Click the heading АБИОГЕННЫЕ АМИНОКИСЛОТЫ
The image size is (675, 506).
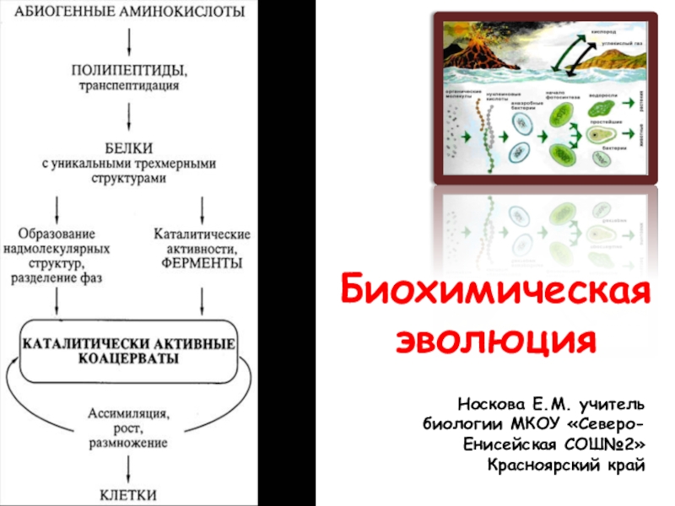tap(127, 12)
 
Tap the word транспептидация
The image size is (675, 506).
tap(128, 85)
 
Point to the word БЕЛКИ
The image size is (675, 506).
tap(128, 143)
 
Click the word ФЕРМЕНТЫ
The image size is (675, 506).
tap(202, 264)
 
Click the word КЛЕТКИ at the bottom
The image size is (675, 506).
tap(128, 494)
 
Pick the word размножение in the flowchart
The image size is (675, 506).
tap(128, 442)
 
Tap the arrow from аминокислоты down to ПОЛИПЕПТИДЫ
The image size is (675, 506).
tap(128, 39)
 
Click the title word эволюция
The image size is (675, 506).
tap(495, 342)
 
